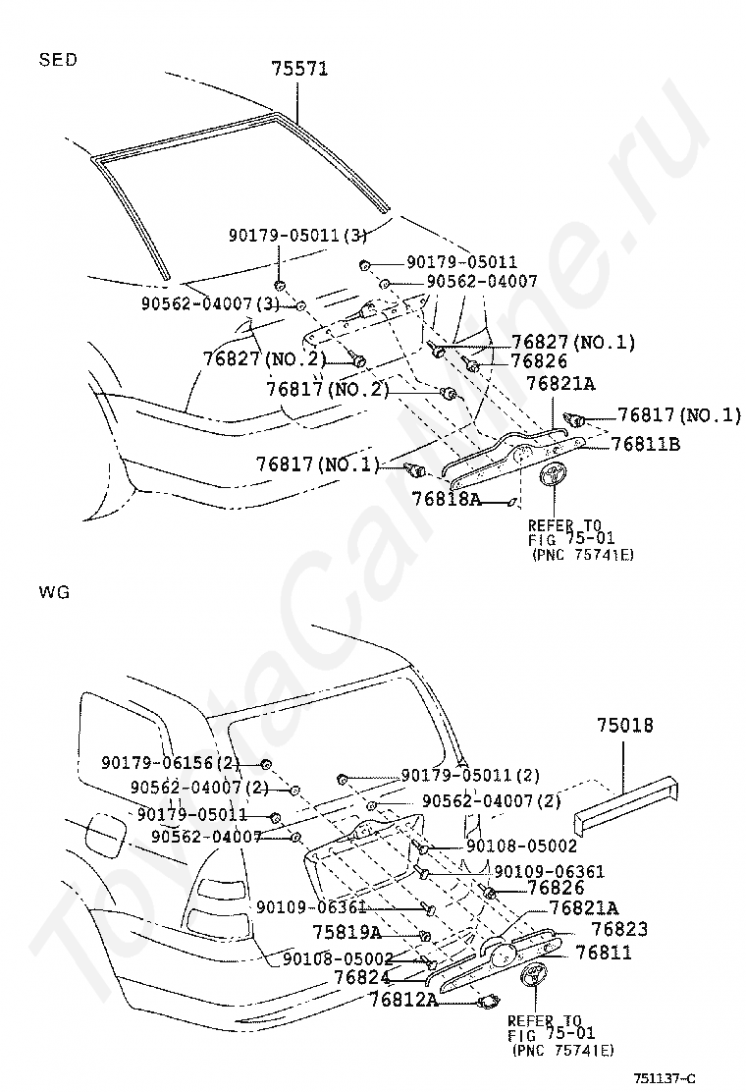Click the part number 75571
coord(299,69)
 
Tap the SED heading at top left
coord(58,60)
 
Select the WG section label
coord(54,593)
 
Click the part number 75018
coord(625,725)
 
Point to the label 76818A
coord(446,499)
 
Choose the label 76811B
coord(645,444)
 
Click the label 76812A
coord(403,1000)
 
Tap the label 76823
coord(619,929)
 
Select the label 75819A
coord(346,932)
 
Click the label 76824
coord(362,977)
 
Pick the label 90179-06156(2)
coord(171,763)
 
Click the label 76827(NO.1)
coord(573,342)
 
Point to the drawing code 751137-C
coord(665,1079)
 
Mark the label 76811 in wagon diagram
coord(604,952)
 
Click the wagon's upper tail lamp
coord(220,891)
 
